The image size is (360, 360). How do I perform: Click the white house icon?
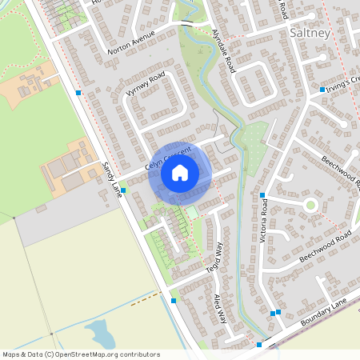(x=180, y=173)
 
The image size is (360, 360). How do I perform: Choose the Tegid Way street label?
(x=214, y=258)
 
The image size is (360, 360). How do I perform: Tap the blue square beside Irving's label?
(x=322, y=90)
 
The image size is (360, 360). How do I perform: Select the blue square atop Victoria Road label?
(x=262, y=195)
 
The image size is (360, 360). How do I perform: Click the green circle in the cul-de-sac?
(x=310, y=205)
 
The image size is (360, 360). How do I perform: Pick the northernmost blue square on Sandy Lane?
(x=78, y=94)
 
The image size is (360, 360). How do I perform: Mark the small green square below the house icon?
(x=192, y=212)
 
